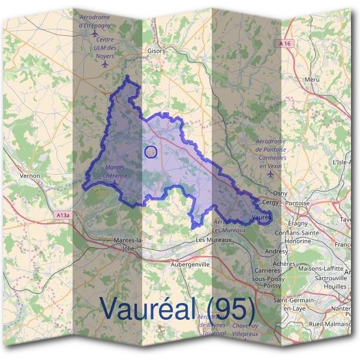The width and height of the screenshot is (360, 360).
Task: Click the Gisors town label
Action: click(155, 51)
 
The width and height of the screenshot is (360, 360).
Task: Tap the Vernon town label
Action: click(29, 176)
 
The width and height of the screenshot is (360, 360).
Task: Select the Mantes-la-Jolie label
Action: click(127, 244)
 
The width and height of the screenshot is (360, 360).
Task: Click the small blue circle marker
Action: click(151, 152)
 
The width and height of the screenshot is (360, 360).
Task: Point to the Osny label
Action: click(280, 194)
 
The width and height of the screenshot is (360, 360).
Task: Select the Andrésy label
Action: click(277, 251)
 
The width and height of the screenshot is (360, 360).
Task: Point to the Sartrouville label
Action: click(320, 279)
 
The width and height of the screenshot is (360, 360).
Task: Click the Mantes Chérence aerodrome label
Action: click(116, 172)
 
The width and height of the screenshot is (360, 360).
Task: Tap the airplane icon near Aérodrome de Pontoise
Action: click(271, 174)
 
